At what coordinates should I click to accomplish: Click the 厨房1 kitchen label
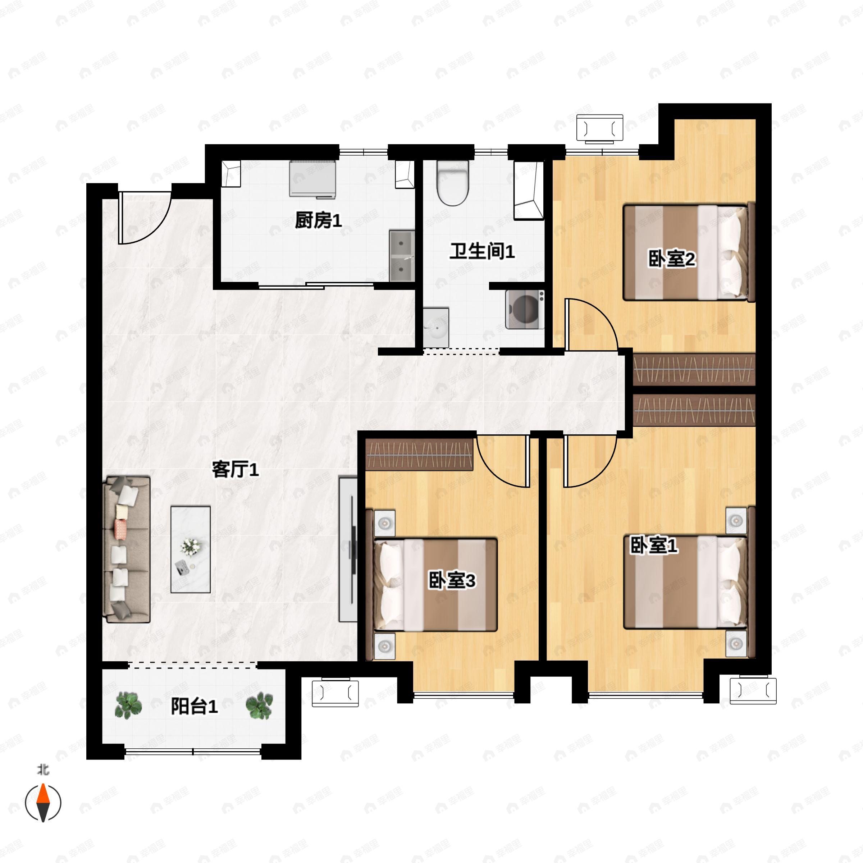[x=318, y=220]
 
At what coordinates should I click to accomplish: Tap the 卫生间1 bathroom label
[x=482, y=251]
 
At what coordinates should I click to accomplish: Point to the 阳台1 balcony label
[x=194, y=706]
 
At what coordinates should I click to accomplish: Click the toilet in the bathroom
[x=452, y=182]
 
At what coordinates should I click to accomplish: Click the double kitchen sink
[x=402, y=256]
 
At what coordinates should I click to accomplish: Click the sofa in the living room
[x=127, y=549]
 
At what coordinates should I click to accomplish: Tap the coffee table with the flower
[x=191, y=549]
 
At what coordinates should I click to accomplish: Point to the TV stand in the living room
[x=348, y=549]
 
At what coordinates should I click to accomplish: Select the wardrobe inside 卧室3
[x=419, y=455]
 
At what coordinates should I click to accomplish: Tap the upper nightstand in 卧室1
[x=736, y=520]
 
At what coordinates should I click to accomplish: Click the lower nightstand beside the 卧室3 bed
[x=385, y=645]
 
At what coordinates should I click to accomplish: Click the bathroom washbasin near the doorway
[x=435, y=328]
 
